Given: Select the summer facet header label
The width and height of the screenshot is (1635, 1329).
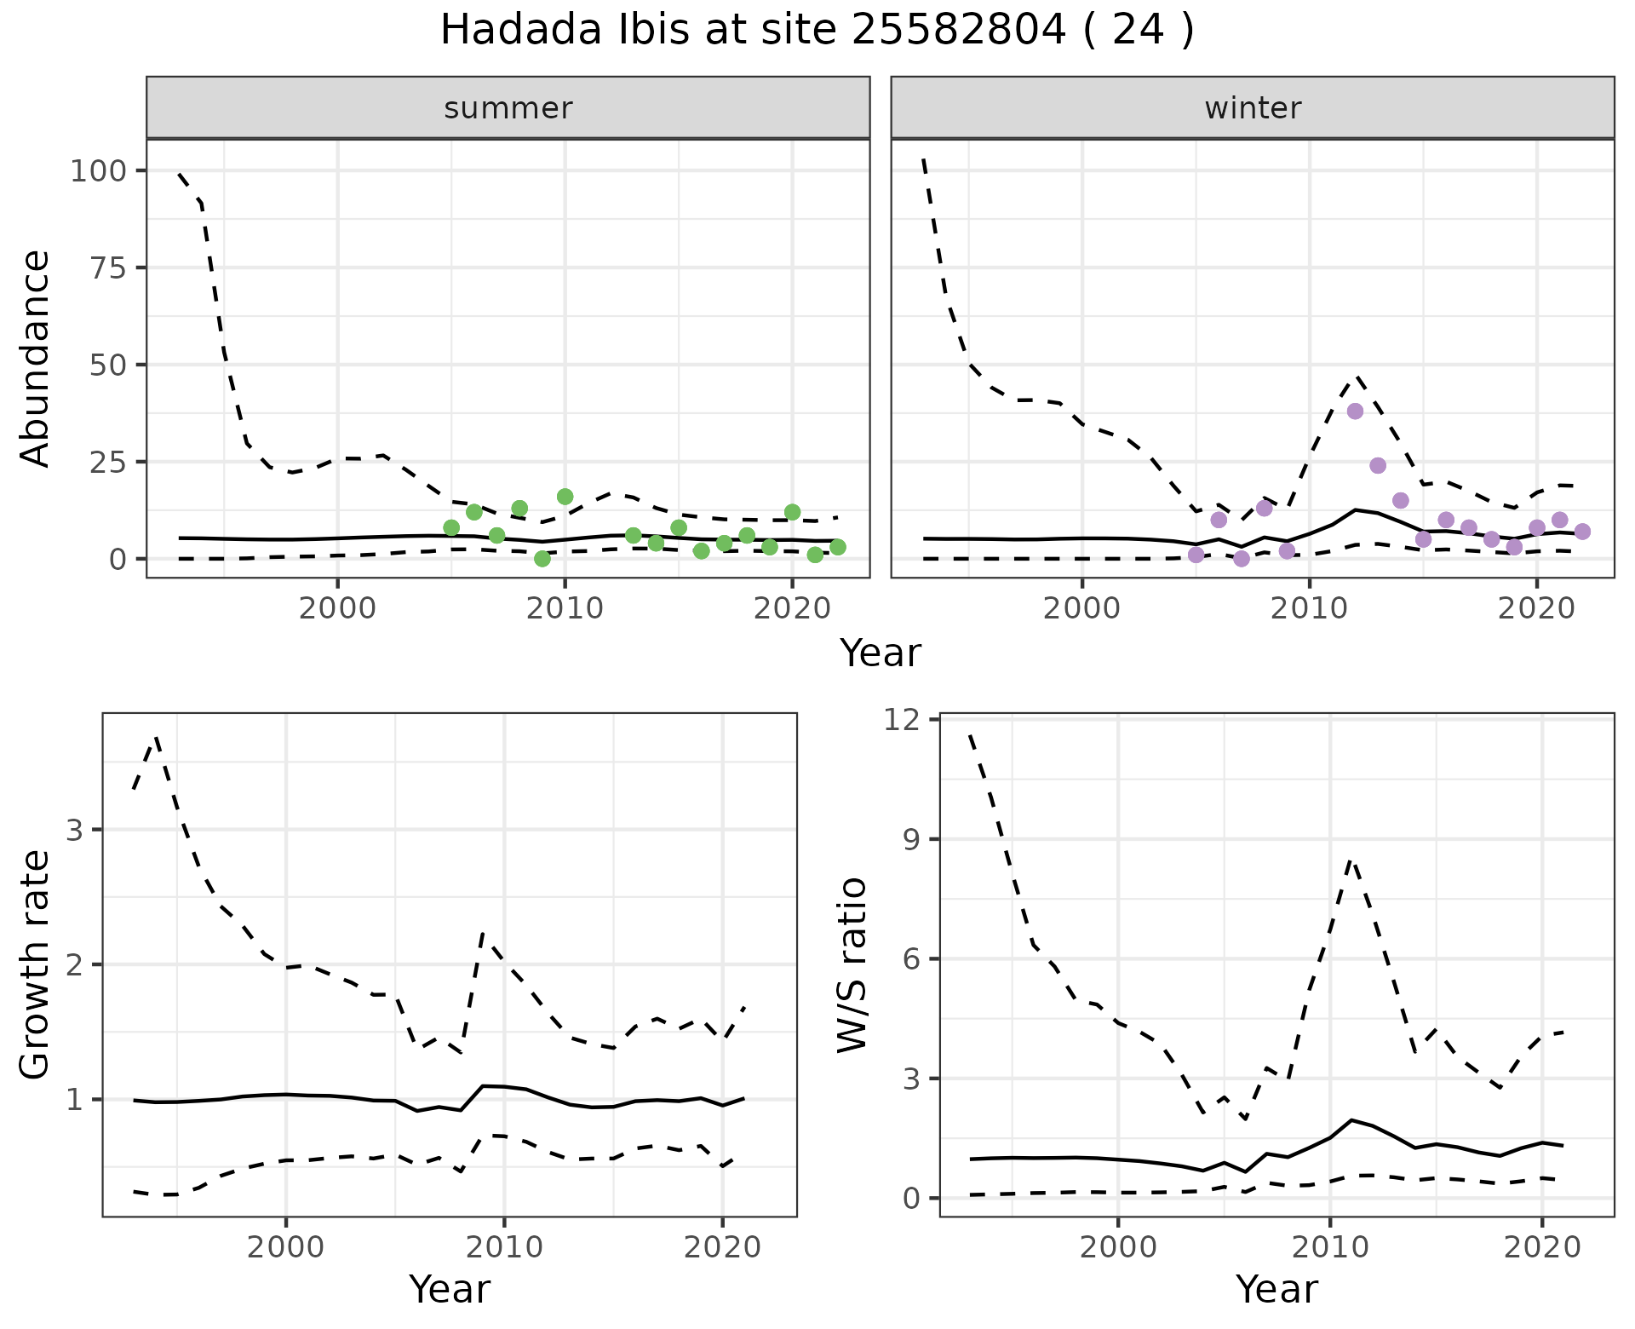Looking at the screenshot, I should (508, 108).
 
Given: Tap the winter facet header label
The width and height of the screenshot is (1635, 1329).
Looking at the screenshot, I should (1252, 108).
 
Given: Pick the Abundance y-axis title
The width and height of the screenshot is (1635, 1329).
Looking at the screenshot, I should (36, 358).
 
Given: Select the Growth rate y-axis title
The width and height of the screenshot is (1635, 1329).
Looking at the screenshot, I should (36, 964).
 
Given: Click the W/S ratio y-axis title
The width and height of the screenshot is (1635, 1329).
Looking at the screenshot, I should (852, 964).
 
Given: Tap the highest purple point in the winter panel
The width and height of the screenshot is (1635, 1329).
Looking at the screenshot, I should (1355, 411).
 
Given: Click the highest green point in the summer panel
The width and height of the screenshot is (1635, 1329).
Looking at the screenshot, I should (565, 497).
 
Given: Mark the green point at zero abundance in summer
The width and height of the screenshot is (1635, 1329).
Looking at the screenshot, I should (542, 559).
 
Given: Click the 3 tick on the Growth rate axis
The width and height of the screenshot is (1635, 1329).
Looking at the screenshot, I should (76, 830).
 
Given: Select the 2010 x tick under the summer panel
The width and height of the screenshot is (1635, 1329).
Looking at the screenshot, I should (565, 608).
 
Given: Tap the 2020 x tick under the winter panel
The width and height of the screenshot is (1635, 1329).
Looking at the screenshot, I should (1537, 608).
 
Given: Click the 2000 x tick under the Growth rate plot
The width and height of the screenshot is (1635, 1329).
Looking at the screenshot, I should (285, 1247).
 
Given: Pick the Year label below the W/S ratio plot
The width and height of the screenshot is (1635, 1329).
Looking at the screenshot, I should (1276, 1290).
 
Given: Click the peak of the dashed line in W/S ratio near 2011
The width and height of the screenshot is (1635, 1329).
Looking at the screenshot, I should (1351, 861).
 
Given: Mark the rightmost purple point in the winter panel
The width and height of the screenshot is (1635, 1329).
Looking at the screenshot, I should (1582, 532).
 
